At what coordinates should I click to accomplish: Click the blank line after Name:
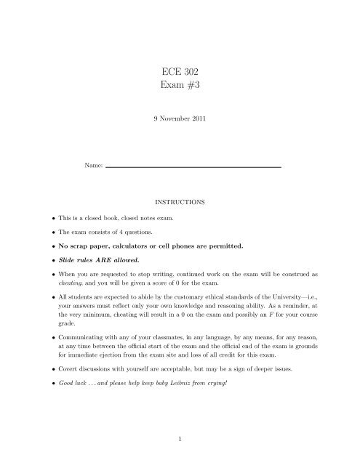point(193,167)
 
